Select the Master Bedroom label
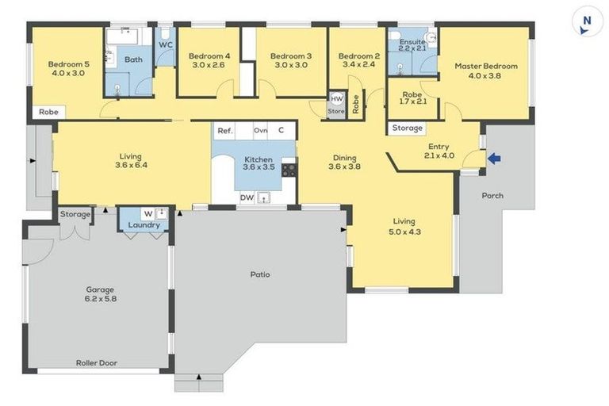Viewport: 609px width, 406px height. click(485, 67)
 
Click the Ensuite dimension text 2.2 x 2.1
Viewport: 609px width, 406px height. click(412, 49)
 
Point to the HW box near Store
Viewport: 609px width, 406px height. click(336, 99)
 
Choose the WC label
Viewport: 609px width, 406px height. click(166, 44)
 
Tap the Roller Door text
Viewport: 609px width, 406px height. click(97, 362)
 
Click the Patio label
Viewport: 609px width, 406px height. click(260, 274)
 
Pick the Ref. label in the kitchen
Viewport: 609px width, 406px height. click(224, 130)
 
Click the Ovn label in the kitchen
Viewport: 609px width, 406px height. click(260, 130)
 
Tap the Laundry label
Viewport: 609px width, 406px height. click(144, 225)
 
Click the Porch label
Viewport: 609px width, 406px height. click(492, 196)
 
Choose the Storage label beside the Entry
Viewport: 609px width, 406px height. click(408, 128)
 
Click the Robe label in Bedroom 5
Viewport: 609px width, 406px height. click(47, 113)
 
